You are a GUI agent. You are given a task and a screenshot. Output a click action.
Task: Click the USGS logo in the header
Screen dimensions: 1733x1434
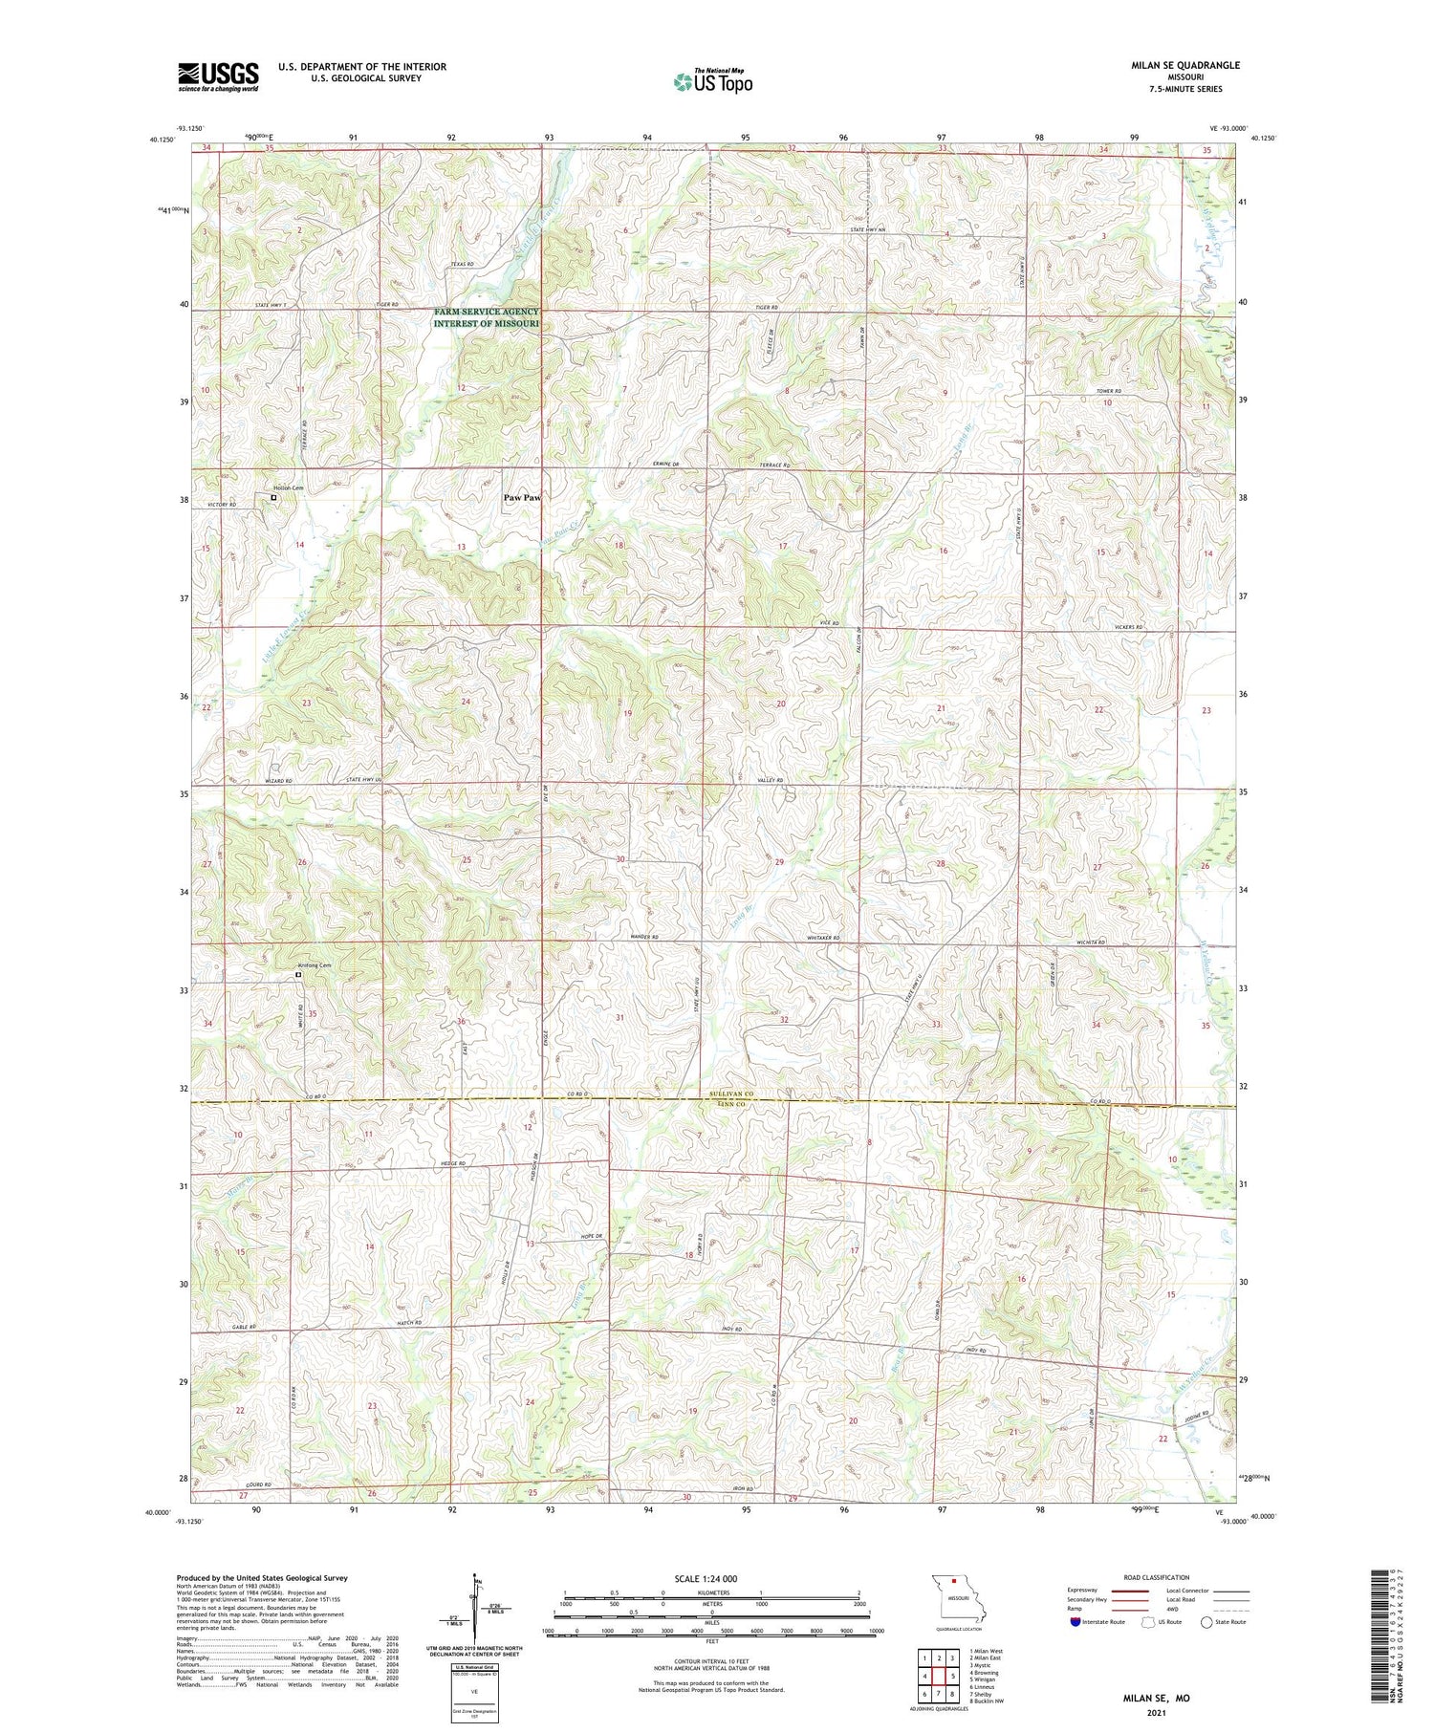218,76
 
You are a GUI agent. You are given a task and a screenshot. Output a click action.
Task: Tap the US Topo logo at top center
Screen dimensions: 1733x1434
713,81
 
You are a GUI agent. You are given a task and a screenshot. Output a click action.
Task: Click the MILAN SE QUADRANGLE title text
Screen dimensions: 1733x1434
1185,65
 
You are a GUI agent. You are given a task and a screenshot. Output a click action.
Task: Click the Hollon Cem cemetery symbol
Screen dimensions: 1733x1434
273,498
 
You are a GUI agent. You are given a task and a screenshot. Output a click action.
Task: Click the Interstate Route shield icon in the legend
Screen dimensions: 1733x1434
1075,1621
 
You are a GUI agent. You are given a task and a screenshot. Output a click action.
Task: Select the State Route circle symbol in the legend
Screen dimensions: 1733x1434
1206,1621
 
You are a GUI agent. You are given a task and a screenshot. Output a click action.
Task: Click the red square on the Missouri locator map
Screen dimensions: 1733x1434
952,1581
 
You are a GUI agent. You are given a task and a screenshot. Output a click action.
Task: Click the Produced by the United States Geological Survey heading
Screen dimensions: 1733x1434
262,1578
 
